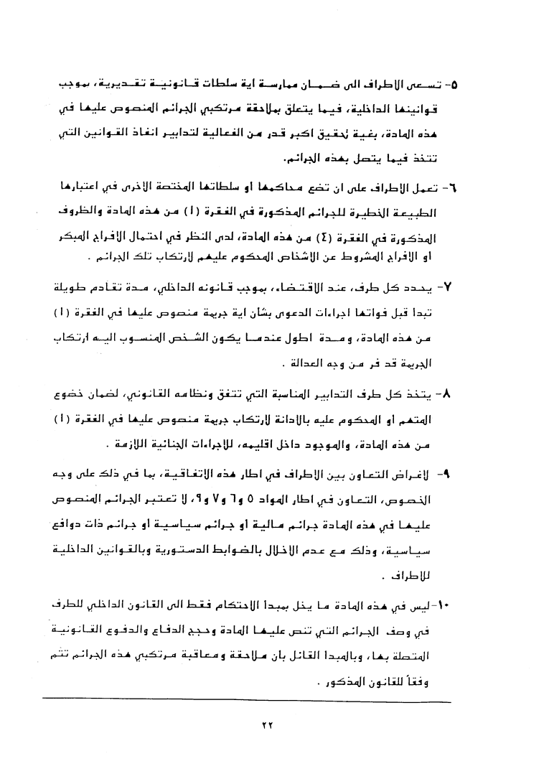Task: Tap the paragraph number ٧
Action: [451, 288]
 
